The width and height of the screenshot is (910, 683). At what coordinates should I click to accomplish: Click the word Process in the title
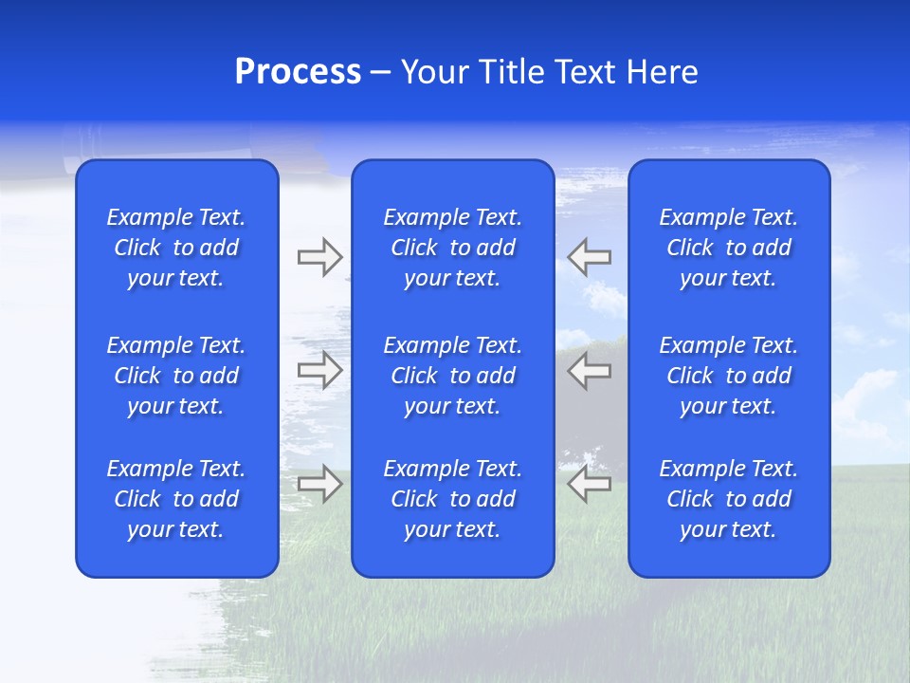point(298,72)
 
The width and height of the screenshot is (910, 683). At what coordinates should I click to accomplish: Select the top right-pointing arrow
point(319,257)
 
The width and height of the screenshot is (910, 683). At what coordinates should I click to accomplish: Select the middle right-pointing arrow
point(319,370)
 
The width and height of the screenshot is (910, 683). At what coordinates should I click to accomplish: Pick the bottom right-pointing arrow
point(319,484)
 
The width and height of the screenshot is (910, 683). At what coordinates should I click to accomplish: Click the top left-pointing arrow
point(589,257)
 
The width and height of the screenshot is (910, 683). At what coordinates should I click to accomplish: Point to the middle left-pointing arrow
point(589,370)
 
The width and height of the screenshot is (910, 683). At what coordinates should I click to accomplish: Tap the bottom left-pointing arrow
point(589,484)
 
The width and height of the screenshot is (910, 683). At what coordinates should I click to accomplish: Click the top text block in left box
point(176,248)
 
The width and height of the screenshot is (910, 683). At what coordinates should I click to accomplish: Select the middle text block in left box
point(176,376)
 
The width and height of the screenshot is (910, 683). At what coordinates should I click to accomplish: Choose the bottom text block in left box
point(176,499)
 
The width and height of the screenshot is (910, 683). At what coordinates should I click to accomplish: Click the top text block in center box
point(453,248)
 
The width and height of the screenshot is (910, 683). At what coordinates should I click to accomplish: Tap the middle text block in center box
point(453,376)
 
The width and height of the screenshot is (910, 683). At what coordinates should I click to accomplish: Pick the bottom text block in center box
point(453,499)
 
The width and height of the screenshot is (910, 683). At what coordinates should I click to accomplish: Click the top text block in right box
point(729,248)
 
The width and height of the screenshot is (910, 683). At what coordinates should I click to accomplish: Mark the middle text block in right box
point(729,376)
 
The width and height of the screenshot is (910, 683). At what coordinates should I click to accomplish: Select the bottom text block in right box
point(729,499)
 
